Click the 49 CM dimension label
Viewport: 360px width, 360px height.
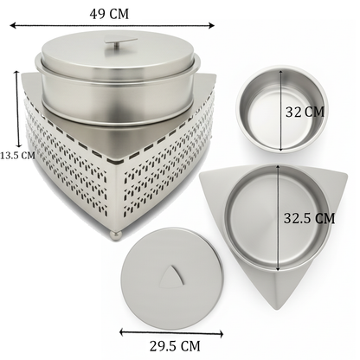click(109, 14)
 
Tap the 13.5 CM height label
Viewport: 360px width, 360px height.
click(17, 156)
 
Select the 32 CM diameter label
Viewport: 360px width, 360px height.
click(305, 112)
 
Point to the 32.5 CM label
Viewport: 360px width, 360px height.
click(309, 218)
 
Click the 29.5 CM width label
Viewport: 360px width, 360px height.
click(175, 346)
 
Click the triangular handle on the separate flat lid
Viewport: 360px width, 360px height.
click(173, 276)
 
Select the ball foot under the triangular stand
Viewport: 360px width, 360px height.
click(116, 236)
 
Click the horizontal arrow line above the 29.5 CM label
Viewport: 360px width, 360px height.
click(171, 333)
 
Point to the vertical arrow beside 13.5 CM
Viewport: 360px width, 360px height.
click(18, 109)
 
